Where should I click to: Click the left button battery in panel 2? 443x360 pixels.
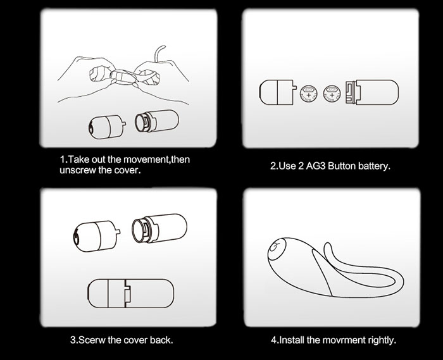pyautogui.click(x=309, y=94)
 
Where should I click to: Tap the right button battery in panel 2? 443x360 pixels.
pyautogui.click(x=332, y=94)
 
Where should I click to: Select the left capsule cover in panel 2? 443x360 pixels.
pyautogui.click(x=278, y=92)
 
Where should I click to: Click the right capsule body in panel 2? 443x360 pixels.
pyautogui.click(x=372, y=92)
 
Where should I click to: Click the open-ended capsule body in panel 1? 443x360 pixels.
pyautogui.click(x=157, y=121)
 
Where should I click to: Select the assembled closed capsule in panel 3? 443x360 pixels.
pyautogui.click(x=131, y=294)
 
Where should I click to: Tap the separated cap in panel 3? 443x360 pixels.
pyautogui.click(x=96, y=236)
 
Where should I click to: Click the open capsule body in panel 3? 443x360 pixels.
pyautogui.click(x=159, y=228)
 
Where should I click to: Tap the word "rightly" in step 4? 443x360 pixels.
pyautogui.click(x=382, y=340)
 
